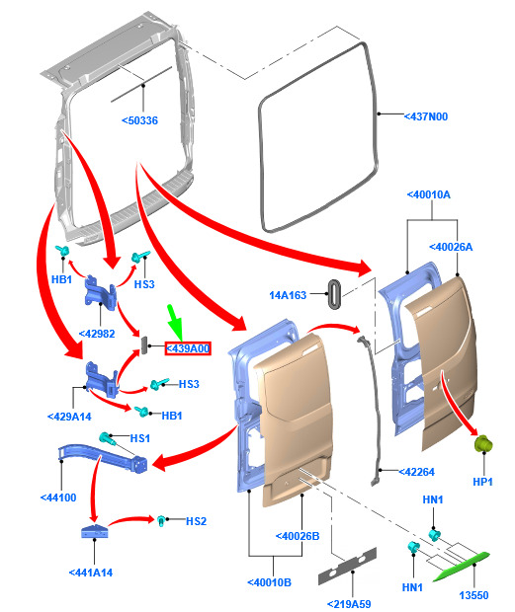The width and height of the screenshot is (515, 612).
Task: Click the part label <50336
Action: tap(139, 120)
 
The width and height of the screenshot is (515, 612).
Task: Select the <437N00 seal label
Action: tap(425, 116)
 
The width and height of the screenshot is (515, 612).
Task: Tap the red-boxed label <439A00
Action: tap(188, 348)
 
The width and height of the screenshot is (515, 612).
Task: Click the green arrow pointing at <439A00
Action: tap(175, 323)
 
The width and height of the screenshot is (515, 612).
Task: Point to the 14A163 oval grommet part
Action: tap(334, 294)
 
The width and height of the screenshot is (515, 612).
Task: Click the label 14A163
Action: tap(288, 295)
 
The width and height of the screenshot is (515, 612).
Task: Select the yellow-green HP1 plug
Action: tap(483, 444)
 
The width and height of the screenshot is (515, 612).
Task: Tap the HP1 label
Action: tap(482, 482)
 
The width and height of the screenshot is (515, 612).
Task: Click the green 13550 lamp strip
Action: tap(461, 566)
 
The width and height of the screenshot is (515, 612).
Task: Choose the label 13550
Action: tap(473, 595)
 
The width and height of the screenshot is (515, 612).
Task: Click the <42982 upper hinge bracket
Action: tap(101, 292)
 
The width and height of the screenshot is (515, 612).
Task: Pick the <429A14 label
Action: tap(69, 417)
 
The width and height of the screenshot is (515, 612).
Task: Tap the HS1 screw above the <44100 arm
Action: tap(107, 438)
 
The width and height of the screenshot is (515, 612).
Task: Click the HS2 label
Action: tap(196, 521)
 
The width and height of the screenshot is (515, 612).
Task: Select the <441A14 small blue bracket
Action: tap(94, 531)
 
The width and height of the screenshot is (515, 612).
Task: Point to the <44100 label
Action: tap(58, 497)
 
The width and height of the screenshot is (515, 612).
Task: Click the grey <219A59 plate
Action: tap(347, 566)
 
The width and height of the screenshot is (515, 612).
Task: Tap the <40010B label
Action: tap(269, 582)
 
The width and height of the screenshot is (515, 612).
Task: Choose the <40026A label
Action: tap(451, 247)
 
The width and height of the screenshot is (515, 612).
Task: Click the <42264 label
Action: tap(416, 472)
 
